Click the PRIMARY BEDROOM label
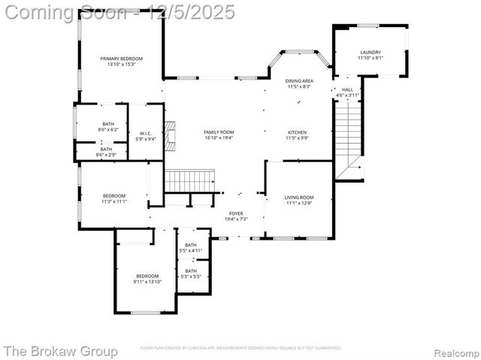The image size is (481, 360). click(121, 59)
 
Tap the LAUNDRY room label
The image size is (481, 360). click(369, 53)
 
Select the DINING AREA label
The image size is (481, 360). click(299, 80)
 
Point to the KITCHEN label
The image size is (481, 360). click(298, 132)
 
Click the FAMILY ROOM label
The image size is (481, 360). click(219, 132)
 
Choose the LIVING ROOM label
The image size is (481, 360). click(298, 197)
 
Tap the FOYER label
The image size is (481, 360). click(236, 213)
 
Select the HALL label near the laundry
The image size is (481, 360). click(347, 89)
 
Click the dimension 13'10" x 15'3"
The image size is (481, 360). click(121, 65)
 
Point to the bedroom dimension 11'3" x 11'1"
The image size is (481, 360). click(114, 201)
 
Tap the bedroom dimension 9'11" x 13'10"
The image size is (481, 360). click(147, 282)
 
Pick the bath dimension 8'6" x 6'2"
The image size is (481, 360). click(108, 130)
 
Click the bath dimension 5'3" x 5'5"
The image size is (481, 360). click(191, 277)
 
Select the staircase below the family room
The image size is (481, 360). click(190, 180)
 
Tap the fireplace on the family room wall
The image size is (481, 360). click(169, 134)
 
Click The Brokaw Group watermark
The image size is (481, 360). click(60, 351)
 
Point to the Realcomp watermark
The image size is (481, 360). click(453, 351)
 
